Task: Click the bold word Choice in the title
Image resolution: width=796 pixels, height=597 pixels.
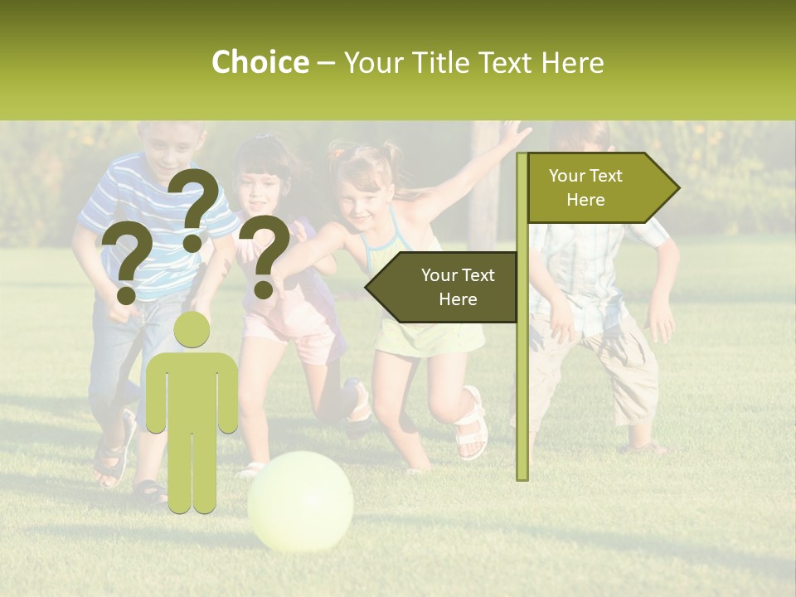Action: tap(260, 62)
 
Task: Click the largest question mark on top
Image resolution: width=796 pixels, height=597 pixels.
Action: tap(194, 207)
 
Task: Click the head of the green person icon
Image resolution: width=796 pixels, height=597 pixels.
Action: tap(192, 329)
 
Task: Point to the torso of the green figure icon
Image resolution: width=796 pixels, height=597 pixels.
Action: tap(192, 390)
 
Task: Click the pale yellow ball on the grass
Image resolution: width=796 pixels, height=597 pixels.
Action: tap(300, 501)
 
